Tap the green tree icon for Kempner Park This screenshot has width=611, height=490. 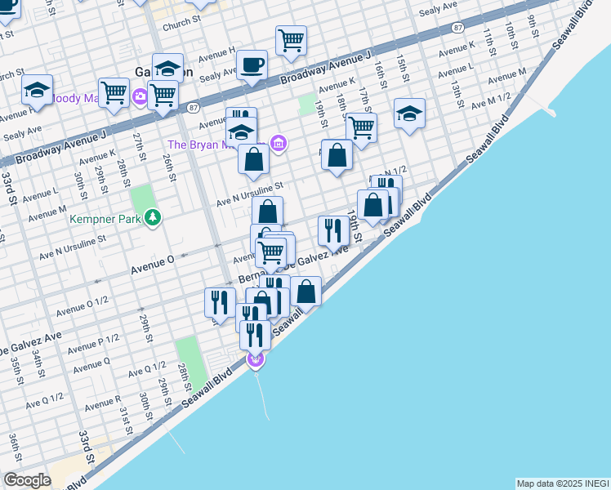coord(152,217)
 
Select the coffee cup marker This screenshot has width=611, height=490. coord(252,65)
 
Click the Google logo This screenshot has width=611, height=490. coord(27,480)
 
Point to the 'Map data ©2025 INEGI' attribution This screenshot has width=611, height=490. coord(562,483)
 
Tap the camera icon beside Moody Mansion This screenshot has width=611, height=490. coord(140,97)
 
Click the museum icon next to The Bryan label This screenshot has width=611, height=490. coord(279,144)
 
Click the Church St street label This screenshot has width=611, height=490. coord(181,25)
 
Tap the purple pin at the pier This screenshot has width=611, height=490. coord(256,360)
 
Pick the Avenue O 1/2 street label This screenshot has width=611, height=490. coord(83,308)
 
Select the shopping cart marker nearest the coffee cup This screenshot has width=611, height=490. coord(290,40)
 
